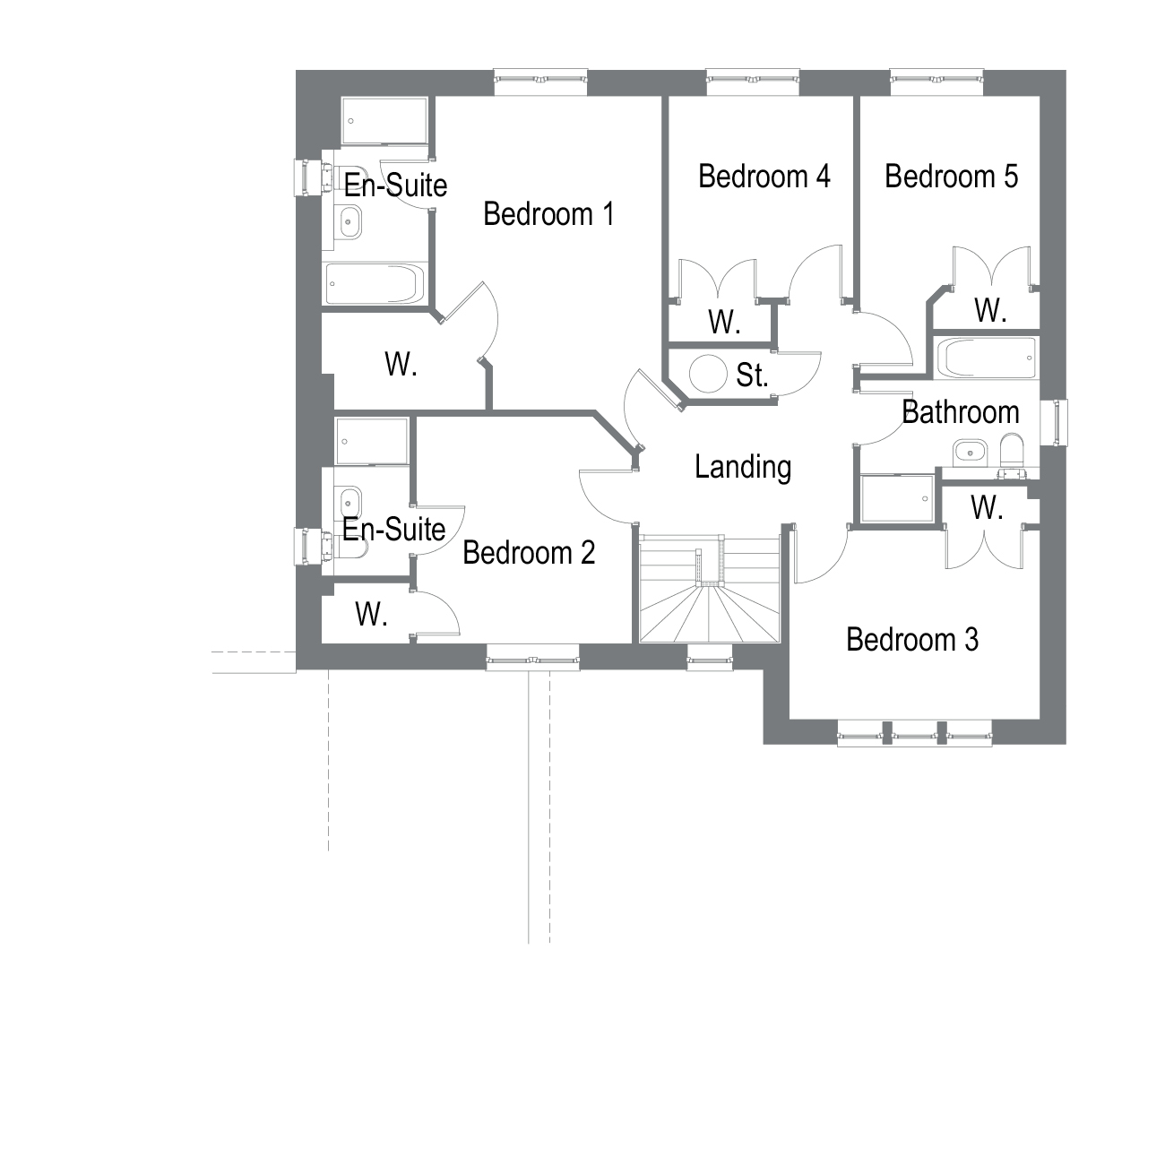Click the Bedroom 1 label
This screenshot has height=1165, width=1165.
(548, 214)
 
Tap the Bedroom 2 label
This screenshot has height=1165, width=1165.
(529, 553)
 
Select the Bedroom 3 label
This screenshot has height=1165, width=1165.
(911, 640)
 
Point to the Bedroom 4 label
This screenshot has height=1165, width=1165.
(764, 177)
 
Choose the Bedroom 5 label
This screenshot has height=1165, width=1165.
(951, 177)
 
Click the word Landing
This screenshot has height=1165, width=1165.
(743, 467)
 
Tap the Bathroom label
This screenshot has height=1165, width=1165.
(960, 412)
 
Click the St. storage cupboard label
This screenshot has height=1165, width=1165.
(753, 375)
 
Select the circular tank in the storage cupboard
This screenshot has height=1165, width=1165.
(707, 374)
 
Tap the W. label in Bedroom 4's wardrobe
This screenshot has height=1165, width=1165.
(723, 323)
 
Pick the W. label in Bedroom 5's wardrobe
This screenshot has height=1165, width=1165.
(990, 311)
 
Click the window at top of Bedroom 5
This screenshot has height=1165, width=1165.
(936, 82)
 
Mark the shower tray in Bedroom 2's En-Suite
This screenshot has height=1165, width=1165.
(372, 441)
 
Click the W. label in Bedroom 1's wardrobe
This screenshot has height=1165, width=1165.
(401, 365)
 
